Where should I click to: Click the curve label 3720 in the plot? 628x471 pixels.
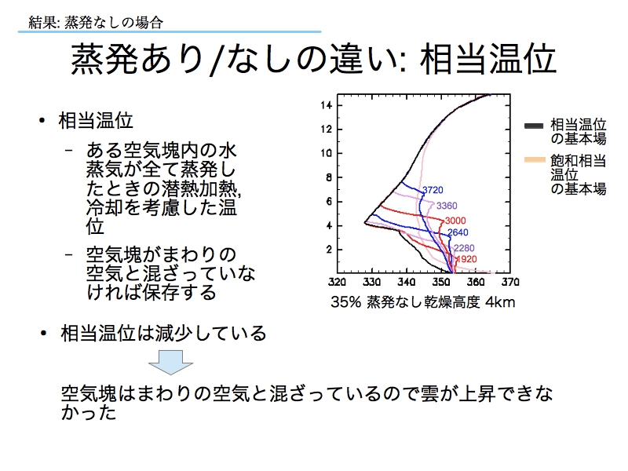433,190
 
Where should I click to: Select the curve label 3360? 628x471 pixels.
447,206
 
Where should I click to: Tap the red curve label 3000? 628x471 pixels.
455,221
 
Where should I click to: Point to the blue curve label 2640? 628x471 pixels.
458,232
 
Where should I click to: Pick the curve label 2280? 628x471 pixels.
464,248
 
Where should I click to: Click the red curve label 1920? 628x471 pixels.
466,259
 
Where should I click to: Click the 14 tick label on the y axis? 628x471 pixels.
326,105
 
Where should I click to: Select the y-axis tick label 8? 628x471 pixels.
329,177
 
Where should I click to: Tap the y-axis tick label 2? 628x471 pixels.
329,250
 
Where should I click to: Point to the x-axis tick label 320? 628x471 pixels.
337,282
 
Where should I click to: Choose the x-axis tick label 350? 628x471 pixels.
441,282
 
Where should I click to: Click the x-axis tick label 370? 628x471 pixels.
510,282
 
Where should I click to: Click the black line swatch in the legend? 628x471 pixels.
534,126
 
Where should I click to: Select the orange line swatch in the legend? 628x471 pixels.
535,160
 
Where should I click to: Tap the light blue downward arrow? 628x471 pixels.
170,363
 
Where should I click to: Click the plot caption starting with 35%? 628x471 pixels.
422,302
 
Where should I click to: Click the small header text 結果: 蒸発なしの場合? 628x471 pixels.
96,22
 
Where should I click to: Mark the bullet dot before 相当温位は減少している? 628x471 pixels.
44,333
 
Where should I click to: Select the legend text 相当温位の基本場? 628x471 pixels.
578,131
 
